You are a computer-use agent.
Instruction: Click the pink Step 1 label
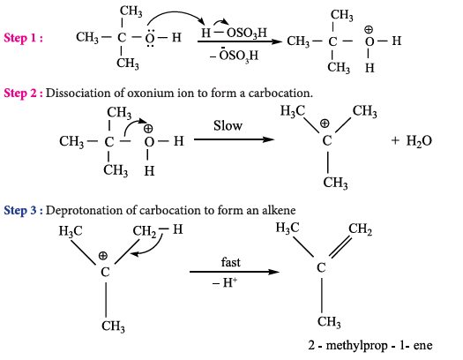coord(23,38)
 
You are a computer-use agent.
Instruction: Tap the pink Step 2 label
coord(23,93)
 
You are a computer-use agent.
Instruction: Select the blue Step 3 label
coord(23,210)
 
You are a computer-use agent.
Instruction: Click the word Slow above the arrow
coord(228,125)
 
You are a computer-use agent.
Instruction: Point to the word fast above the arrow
coord(230,262)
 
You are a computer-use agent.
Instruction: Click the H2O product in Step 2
coord(419,141)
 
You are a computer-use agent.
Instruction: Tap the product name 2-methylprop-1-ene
coord(370,345)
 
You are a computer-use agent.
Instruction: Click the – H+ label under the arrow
coord(225,283)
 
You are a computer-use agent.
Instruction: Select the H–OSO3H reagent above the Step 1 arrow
coord(234,33)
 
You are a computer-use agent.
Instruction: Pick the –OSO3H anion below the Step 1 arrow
coord(235,55)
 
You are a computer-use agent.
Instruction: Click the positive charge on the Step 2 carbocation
coord(325,124)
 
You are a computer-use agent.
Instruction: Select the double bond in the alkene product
coord(340,246)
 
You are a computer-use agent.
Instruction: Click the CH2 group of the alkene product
coord(360,229)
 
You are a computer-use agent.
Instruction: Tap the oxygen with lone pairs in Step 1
coord(150,38)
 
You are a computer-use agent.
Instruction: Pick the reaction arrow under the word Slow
coord(235,139)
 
